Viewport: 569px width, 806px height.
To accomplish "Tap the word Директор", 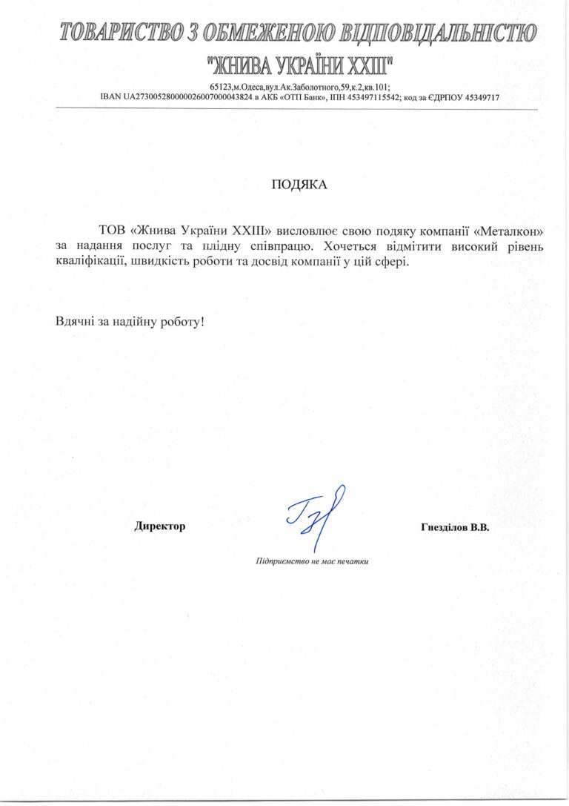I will [x=159, y=526].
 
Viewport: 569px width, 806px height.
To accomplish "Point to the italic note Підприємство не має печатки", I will [x=312, y=561].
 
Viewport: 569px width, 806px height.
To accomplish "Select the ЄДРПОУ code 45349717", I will [x=480, y=97].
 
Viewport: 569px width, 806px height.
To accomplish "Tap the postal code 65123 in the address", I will [x=220, y=87].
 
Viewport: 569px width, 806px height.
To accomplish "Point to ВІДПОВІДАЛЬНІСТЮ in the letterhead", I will [x=436, y=33].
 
